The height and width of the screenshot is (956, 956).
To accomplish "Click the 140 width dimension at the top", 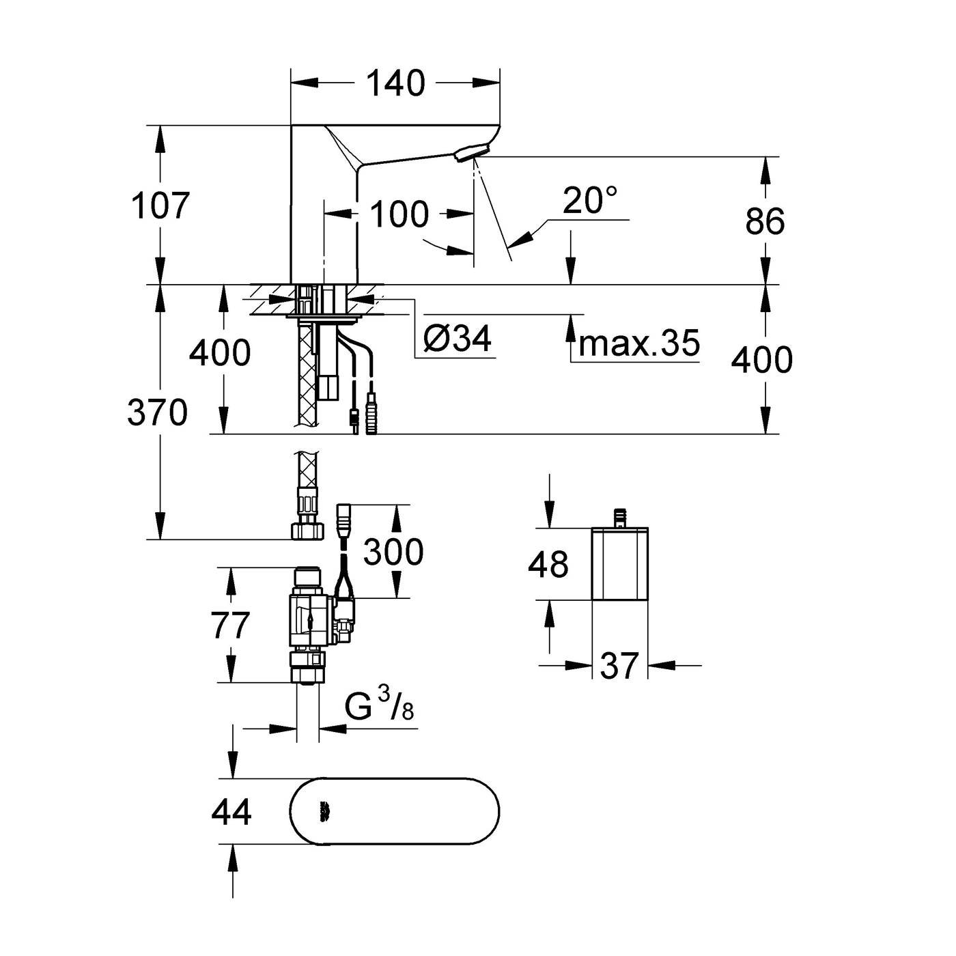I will coord(395,83).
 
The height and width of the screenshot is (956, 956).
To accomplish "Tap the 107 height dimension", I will coord(160,205).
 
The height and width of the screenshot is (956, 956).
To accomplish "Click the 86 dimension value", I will coord(765,221).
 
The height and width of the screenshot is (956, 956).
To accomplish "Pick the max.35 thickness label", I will coord(639,343).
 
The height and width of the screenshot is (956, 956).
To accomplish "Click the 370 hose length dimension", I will coord(157,412).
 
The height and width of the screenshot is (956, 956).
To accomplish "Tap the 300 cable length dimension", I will coord(393,552).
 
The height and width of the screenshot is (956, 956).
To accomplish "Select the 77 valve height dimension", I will coord(230,625).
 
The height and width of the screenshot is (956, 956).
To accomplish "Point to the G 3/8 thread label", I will coord(379,706).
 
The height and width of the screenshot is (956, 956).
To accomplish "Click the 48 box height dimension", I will coord(548,564).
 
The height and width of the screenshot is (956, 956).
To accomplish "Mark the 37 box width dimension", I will coord(619,665).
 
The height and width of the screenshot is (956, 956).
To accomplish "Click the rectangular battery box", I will coord(619,564).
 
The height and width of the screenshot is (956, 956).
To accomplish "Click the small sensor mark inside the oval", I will coord(324,812).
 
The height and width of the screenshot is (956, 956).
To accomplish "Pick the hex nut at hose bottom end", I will coord(305,531).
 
